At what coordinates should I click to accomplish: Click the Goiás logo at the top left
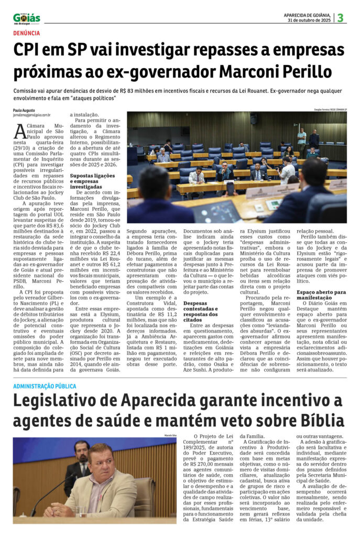pos(26,18)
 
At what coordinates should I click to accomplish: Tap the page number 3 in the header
pos(340,18)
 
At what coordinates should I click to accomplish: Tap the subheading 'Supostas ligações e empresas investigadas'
pos(93,180)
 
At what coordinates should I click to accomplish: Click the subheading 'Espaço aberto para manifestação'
pos(321,294)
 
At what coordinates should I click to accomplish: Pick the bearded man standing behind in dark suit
pos(79,456)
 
